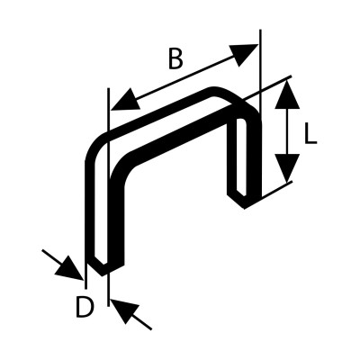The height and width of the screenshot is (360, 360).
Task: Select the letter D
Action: pyautogui.click(x=85, y=307)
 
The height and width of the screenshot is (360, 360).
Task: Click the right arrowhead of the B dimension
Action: pyautogui.click(x=245, y=54)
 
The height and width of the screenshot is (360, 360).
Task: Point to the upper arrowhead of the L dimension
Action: pyautogui.click(x=287, y=94)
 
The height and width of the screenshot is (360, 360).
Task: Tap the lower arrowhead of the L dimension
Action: pyautogui.click(x=287, y=168)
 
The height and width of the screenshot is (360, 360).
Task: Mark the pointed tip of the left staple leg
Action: pyautogui.click(x=103, y=274)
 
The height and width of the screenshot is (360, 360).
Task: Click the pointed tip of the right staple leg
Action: pyautogui.click(x=245, y=207)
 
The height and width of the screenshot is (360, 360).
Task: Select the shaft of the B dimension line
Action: pyautogui.click(x=184, y=76)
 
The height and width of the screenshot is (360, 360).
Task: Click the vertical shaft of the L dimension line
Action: pyautogui.click(x=287, y=131)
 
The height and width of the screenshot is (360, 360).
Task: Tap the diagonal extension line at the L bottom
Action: pyautogui.click(x=276, y=190)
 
